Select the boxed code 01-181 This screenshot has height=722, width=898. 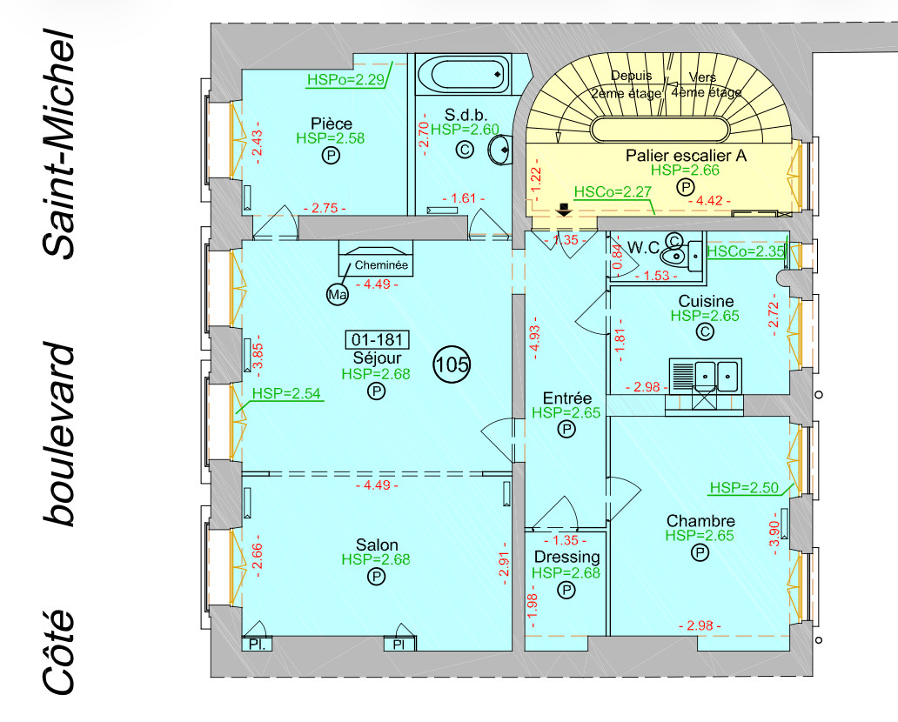(377, 339)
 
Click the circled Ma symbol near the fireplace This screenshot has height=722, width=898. (337, 296)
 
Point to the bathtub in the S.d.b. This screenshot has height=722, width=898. (461, 75)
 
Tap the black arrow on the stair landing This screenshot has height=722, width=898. (564, 208)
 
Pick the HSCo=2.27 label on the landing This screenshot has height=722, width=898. (613, 191)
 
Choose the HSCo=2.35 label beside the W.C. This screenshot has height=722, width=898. (747, 251)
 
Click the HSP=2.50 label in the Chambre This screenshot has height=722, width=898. (744, 487)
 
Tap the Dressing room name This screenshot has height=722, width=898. (566, 557)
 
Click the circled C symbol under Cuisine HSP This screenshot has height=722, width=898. (704, 331)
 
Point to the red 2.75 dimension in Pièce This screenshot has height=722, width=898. (324, 208)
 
